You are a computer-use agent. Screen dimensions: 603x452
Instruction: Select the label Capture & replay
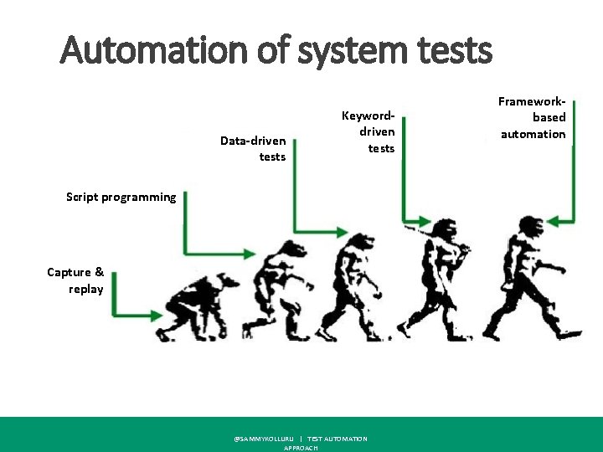pos(76,280)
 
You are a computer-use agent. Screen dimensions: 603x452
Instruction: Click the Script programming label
pos(121,198)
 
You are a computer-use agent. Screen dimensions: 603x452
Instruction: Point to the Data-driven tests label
pos(253,149)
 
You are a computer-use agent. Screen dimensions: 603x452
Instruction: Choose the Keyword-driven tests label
pos(368,131)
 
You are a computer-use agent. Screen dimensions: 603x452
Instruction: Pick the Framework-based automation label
pos(533,117)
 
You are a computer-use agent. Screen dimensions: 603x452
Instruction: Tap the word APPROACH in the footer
pos(301,448)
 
